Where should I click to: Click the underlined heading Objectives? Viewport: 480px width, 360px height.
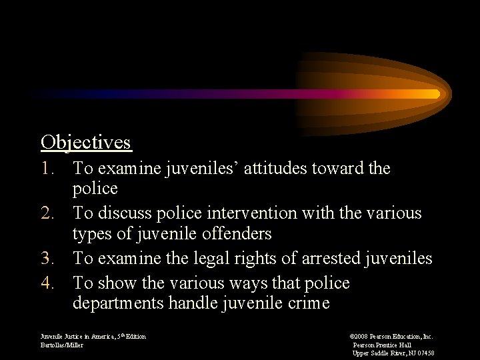(x=86, y=143)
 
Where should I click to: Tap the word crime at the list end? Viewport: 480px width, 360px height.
(x=306, y=303)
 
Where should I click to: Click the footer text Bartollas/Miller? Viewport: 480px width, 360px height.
(x=62, y=345)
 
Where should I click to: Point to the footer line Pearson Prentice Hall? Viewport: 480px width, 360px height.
(x=382, y=345)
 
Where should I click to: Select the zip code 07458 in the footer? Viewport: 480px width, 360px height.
(x=424, y=353)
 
